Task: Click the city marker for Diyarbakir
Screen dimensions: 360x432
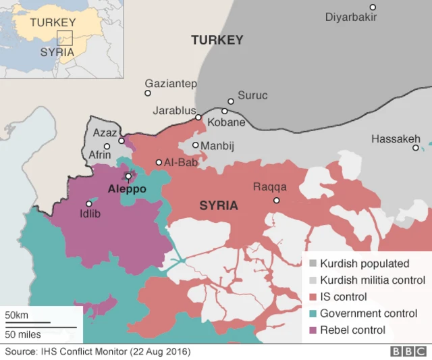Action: point(372,7)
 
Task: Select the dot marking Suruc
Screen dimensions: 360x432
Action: point(231,101)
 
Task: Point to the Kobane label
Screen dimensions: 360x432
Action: point(226,123)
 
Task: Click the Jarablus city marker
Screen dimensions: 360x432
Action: point(198,117)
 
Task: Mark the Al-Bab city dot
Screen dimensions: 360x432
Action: point(159,162)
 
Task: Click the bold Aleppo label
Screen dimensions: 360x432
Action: point(127,190)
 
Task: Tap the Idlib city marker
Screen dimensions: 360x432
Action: point(88,203)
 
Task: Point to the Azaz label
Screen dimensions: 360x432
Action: point(105,133)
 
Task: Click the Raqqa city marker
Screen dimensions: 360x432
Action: point(276,201)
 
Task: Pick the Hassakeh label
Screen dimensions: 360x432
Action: point(396,139)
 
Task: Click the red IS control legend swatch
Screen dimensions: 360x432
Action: point(313,297)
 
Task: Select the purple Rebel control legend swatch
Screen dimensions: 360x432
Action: point(313,330)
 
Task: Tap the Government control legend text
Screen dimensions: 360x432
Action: point(369,313)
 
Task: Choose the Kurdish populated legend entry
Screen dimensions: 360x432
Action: point(364,263)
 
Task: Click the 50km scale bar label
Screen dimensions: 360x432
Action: point(17,315)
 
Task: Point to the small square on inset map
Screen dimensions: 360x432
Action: point(65,38)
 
